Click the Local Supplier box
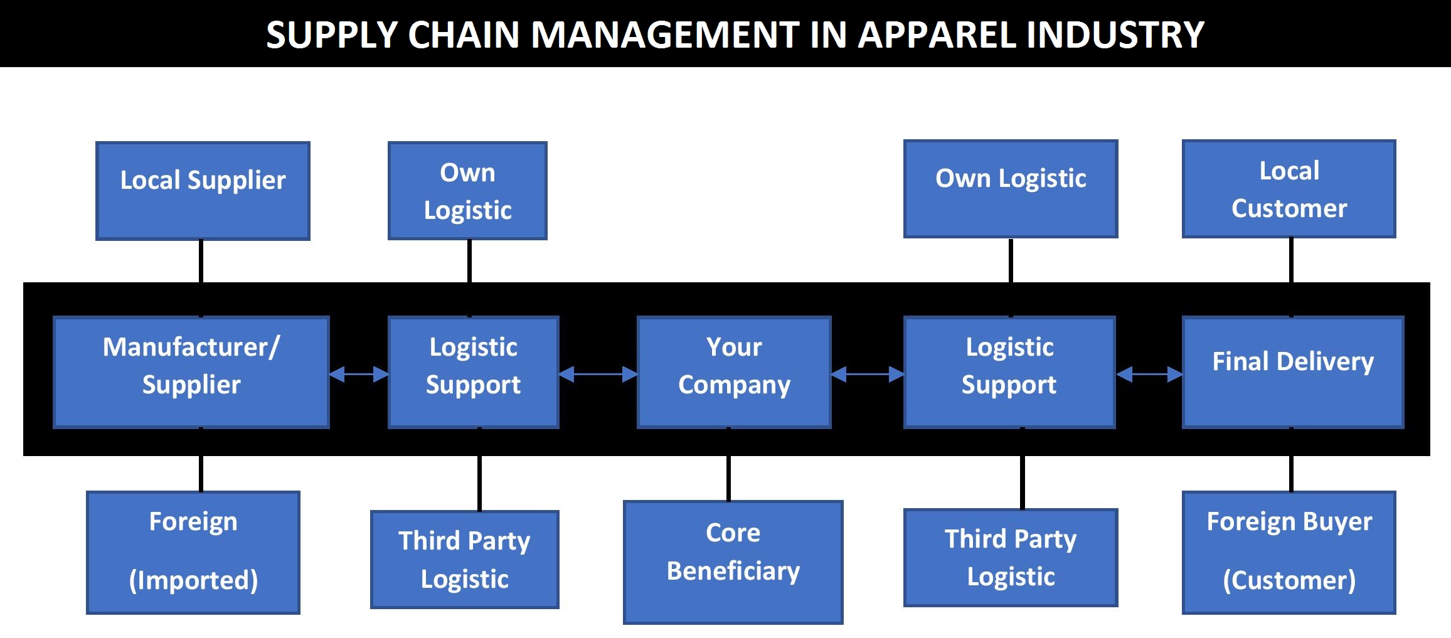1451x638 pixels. (x=203, y=191)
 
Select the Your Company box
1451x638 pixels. (x=733, y=372)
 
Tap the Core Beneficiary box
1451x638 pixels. (x=733, y=561)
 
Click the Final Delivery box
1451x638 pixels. (x=1292, y=372)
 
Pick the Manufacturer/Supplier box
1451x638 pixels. (x=191, y=372)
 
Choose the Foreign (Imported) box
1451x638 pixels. (x=193, y=552)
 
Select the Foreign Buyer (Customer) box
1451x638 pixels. (x=1289, y=552)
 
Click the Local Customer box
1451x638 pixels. (x=1289, y=189)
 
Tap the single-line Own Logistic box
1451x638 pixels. (x=1010, y=189)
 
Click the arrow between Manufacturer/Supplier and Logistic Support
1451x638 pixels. (x=359, y=375)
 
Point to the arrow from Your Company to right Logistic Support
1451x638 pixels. (x=867, y=375)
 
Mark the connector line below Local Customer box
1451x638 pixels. (x=1291, y=260)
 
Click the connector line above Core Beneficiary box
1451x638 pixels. (x=728, y=478)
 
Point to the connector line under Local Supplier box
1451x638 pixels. (x=201, y=261)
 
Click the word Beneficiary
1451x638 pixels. (x=733, y=572)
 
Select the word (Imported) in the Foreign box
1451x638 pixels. (x=193, y=580)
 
